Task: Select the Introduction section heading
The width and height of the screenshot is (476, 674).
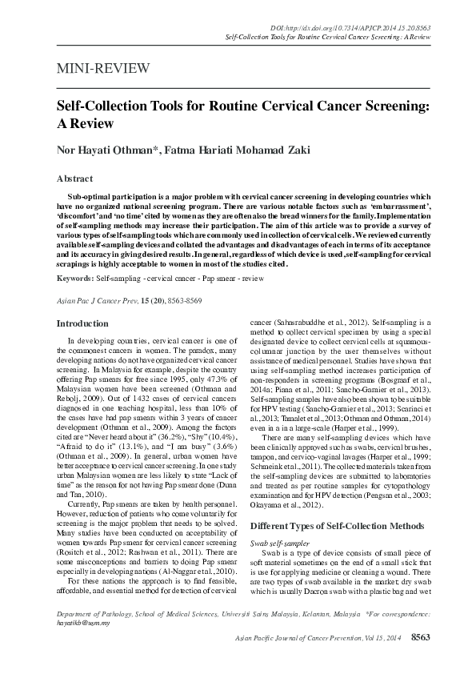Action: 82,323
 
